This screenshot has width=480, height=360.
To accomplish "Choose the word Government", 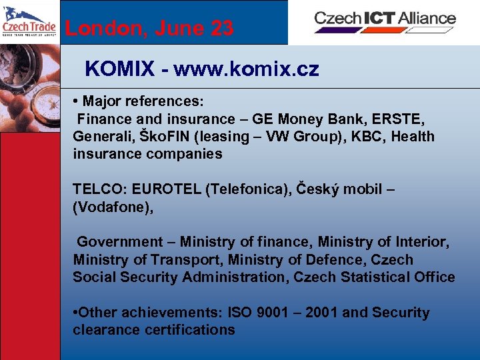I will (120, 242).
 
